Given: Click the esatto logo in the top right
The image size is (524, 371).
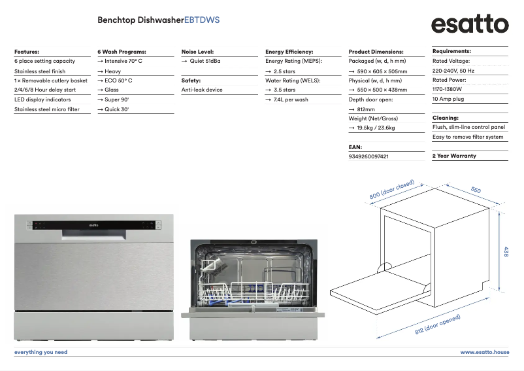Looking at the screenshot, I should pos(469,24).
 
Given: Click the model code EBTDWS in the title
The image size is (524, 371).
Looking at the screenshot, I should pos(202,20).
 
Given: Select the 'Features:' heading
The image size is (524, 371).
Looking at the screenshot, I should pos(27,51).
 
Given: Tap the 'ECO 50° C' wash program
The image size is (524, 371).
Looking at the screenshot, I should pos(118,80).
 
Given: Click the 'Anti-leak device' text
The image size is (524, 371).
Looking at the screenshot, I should pos(202,90).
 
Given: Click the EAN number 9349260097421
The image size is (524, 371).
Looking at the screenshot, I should pos(368,156).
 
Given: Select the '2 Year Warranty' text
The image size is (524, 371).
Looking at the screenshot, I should pos(454,156).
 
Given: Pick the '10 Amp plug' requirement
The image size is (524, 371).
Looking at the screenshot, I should pos(448,99).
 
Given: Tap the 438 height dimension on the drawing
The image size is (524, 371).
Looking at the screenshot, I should pos(506,251).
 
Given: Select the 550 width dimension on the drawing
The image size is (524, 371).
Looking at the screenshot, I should pos(475,190).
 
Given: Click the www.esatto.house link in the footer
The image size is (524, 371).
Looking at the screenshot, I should pos(484,352).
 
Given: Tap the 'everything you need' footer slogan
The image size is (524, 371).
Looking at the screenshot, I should pos(41,352).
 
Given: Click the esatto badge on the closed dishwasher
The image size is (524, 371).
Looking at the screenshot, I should pos(93,225).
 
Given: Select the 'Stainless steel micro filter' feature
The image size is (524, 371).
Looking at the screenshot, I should pos(47,109).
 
